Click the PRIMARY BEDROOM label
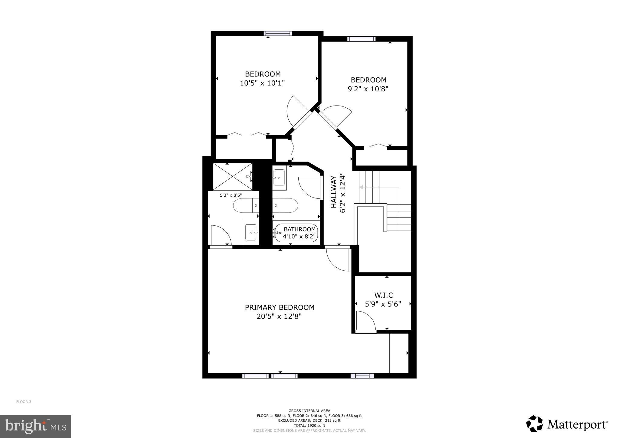pos(280,307)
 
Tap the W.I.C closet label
pos(384,295)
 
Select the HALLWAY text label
pos(334,196)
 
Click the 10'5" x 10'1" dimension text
pos(262,83)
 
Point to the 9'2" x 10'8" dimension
pos(368,89)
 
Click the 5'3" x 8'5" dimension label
pos(231,195)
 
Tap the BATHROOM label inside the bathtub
pos(300,229)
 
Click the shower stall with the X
pos(232,176)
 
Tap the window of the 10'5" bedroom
pos(277,34)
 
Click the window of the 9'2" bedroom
pos(361,39)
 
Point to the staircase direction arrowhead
pos(361,188)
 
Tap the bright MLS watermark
pos(35,426)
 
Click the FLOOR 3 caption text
pos(24,402)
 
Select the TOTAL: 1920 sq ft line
pos(309,425)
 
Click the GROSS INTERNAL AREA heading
pos(309,411)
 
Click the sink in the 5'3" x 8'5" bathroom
pos(251,232)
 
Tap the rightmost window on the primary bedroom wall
pos(362,376)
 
